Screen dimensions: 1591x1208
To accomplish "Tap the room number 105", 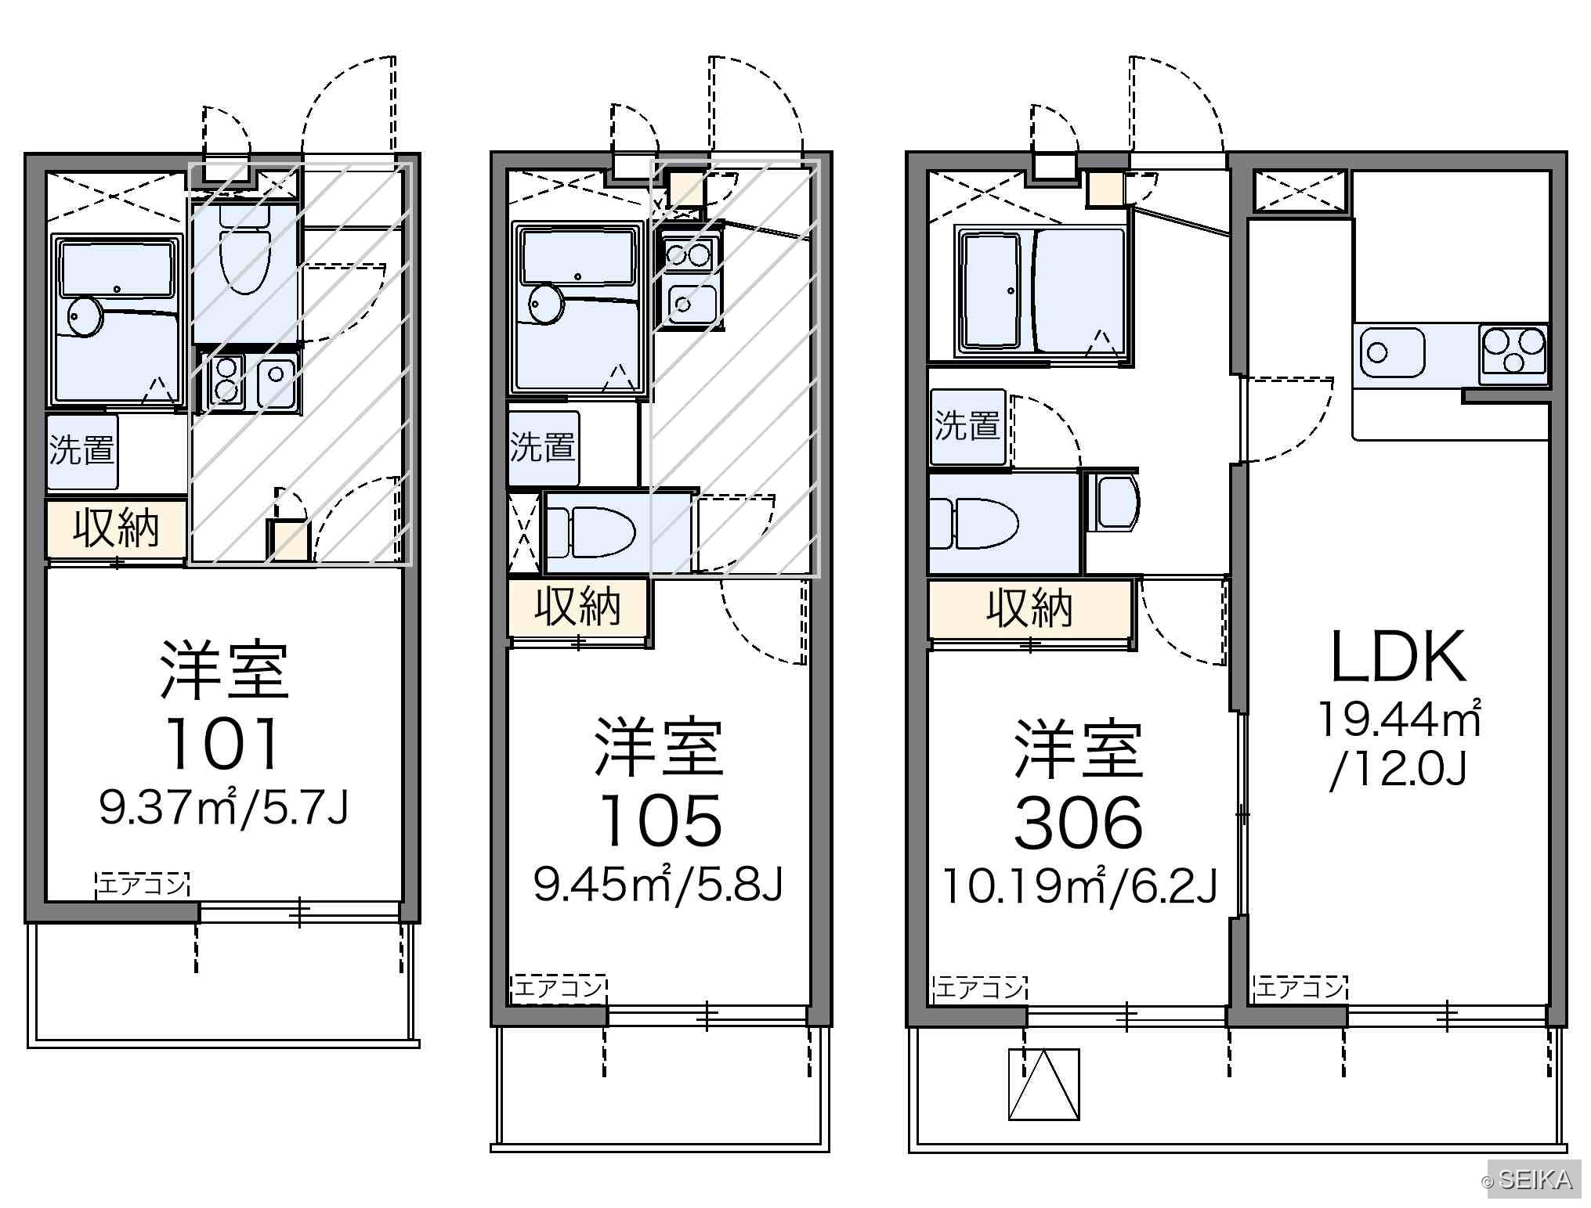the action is coord(660,820).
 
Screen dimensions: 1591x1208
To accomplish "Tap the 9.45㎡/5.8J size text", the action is coord(658,883).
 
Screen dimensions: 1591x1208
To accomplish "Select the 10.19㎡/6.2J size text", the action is coord(1079,885).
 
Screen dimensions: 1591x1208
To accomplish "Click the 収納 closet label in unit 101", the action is coord(116,528).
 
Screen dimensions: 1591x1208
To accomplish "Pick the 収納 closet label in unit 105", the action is coord(577,606).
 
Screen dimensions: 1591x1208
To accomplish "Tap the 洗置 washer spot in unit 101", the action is coord(81,450).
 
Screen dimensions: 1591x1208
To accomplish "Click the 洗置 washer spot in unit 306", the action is coord(968,427).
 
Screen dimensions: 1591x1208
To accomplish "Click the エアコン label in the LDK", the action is coord(1300,989).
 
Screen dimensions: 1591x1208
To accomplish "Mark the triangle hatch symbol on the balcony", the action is coord(1043,1084).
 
